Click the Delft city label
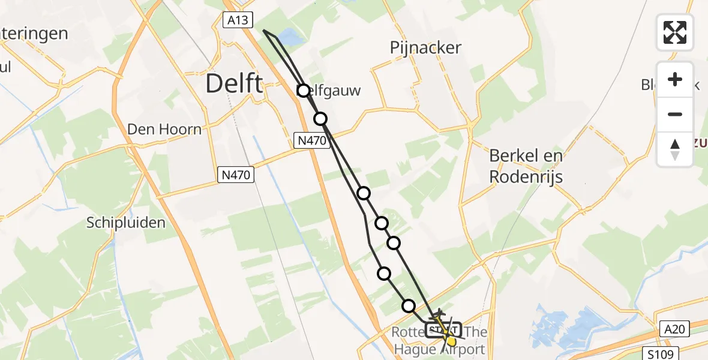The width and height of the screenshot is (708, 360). point(234,83)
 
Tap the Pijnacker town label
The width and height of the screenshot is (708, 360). point(425,48)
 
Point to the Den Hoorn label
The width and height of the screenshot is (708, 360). point(164,129)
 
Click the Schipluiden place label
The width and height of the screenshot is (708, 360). point(125,223)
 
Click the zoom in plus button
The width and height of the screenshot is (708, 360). point(675,79)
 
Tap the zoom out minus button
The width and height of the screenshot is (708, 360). point(675,114)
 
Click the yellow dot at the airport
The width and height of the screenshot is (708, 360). point(452,341)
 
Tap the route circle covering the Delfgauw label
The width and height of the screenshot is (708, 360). point(304,91)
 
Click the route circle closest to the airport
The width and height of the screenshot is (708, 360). point(409,306)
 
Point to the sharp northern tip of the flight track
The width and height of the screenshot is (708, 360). point(262,29)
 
